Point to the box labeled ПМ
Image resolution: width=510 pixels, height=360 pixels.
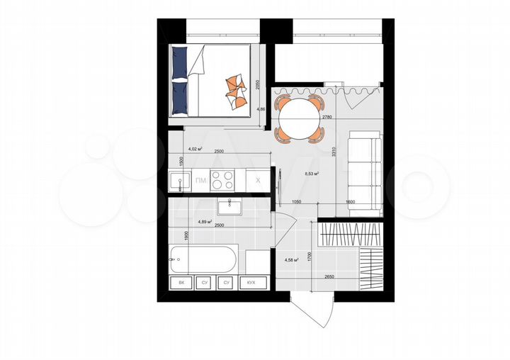click(x=201, y=181)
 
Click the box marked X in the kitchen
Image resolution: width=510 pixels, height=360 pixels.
click(x=259, y=181)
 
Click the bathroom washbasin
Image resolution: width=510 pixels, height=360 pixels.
click(x=230, y=206)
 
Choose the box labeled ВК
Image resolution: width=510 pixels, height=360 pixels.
click(x=181, y=283)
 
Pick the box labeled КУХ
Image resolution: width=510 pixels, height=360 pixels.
click(x=251, y=283)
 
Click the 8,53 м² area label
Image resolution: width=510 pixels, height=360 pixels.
click(x=311, y=173)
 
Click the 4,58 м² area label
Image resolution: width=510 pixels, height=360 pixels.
click(x=291, y=260)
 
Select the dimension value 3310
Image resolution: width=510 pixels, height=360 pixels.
click(x=332, y=147)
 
